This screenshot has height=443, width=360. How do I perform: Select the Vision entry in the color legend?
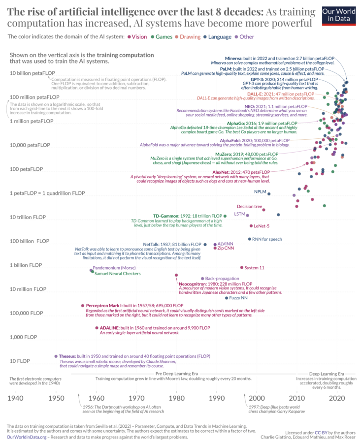tap(138, 36)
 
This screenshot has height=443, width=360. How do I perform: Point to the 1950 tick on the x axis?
tap(56, 398)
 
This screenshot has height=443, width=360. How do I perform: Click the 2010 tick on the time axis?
tap(296, 398)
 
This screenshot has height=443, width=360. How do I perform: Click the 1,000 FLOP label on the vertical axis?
tap(23, 337)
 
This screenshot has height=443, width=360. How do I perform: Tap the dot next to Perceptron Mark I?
tap(82, 306)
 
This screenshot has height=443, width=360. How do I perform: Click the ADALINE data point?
tap(96, 328)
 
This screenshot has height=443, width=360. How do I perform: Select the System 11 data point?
tap(241, 267)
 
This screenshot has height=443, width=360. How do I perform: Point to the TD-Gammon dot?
tap(225, 216)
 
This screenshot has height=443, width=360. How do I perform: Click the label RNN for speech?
tap(267, 239)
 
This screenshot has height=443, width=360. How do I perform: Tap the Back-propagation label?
tap(222, 279)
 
